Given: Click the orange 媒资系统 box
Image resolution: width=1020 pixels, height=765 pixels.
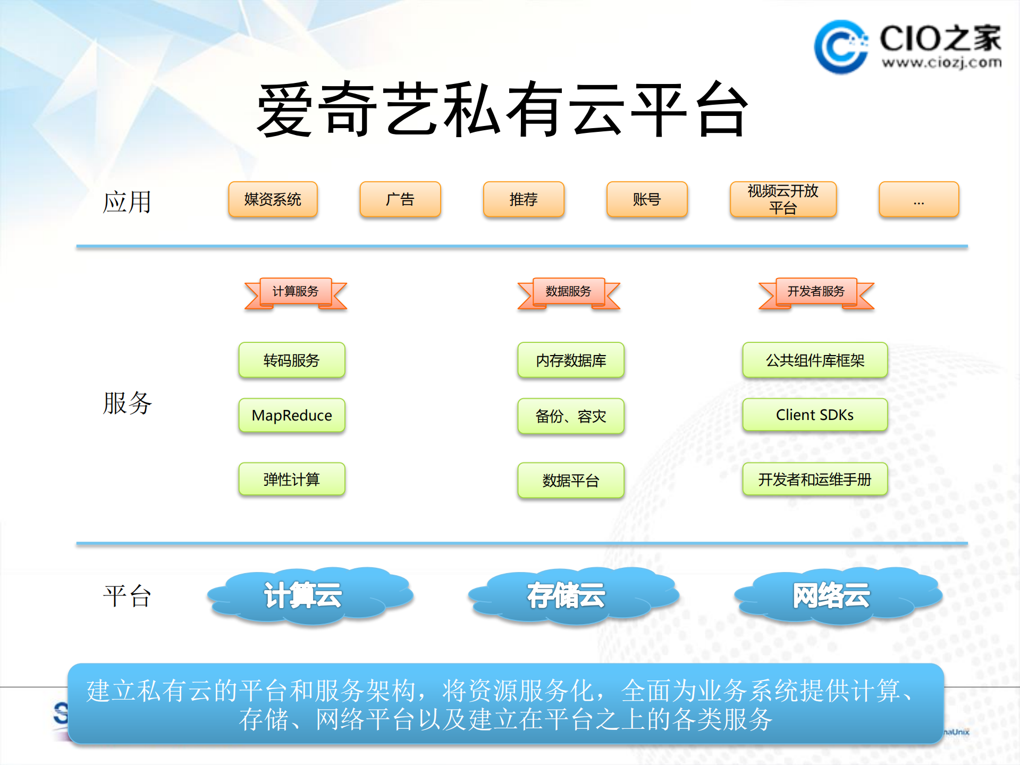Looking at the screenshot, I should tap(273, 199).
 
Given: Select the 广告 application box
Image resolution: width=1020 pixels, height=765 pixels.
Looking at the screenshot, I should tap(400, 199).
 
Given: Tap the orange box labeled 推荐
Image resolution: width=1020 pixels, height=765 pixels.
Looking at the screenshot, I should tap(524, 199).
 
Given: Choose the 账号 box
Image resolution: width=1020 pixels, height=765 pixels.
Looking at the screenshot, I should tap(647, 199).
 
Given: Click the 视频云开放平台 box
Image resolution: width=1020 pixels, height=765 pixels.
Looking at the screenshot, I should tap(783, 199).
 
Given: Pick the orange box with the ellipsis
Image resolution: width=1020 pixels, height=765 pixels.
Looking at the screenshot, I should tap(918, 199).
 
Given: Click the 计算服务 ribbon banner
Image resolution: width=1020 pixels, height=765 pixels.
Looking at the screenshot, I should tap(296, 292).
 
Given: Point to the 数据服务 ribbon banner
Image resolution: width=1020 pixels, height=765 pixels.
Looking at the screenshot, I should tap(569, 292).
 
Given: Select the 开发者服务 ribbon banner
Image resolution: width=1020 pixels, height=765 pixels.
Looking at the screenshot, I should tap(816, 292).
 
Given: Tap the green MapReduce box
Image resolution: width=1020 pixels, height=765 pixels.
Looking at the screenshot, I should tap(292, 415).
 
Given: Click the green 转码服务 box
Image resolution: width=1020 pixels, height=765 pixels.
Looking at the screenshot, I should tap(292, 360).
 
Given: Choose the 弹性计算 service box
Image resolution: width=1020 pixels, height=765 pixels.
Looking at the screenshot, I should tap(292, 480).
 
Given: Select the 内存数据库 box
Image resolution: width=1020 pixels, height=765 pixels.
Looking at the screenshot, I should tap(571, 360).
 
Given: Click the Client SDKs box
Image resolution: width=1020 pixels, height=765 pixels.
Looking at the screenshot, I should tap(815, 415).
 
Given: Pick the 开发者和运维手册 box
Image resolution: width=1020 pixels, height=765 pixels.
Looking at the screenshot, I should tap(815, 480).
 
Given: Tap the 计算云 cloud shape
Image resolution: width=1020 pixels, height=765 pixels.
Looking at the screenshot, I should tap(310, 595).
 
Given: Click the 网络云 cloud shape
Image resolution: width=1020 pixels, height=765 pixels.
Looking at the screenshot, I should tap(837, 595).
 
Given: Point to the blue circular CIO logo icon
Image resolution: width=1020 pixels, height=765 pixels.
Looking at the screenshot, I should tap(840, 47).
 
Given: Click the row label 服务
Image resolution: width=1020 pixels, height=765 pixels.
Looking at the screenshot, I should tap(128, 403).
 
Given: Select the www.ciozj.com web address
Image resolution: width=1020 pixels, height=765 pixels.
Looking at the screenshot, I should tap(941, 63).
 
